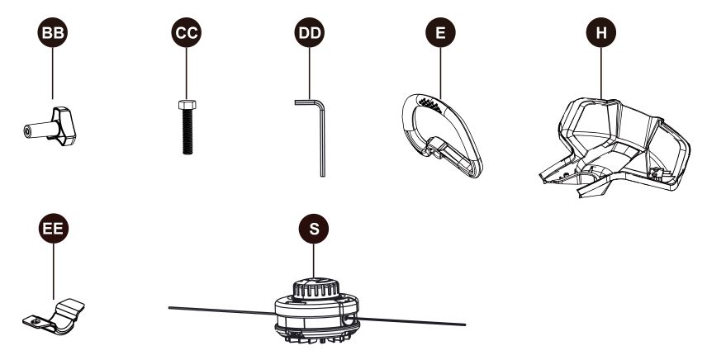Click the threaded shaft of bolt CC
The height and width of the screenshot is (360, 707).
187,132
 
